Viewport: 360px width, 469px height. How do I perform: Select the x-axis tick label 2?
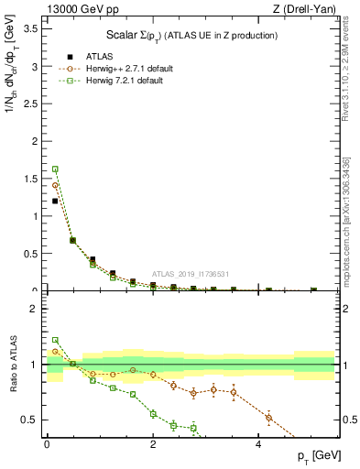[153, 444]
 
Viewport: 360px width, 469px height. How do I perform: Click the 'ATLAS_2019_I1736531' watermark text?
[190, 274]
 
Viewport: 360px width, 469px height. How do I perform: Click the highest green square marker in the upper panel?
[55, 169]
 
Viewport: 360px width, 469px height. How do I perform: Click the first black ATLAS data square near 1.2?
[55, 201]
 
